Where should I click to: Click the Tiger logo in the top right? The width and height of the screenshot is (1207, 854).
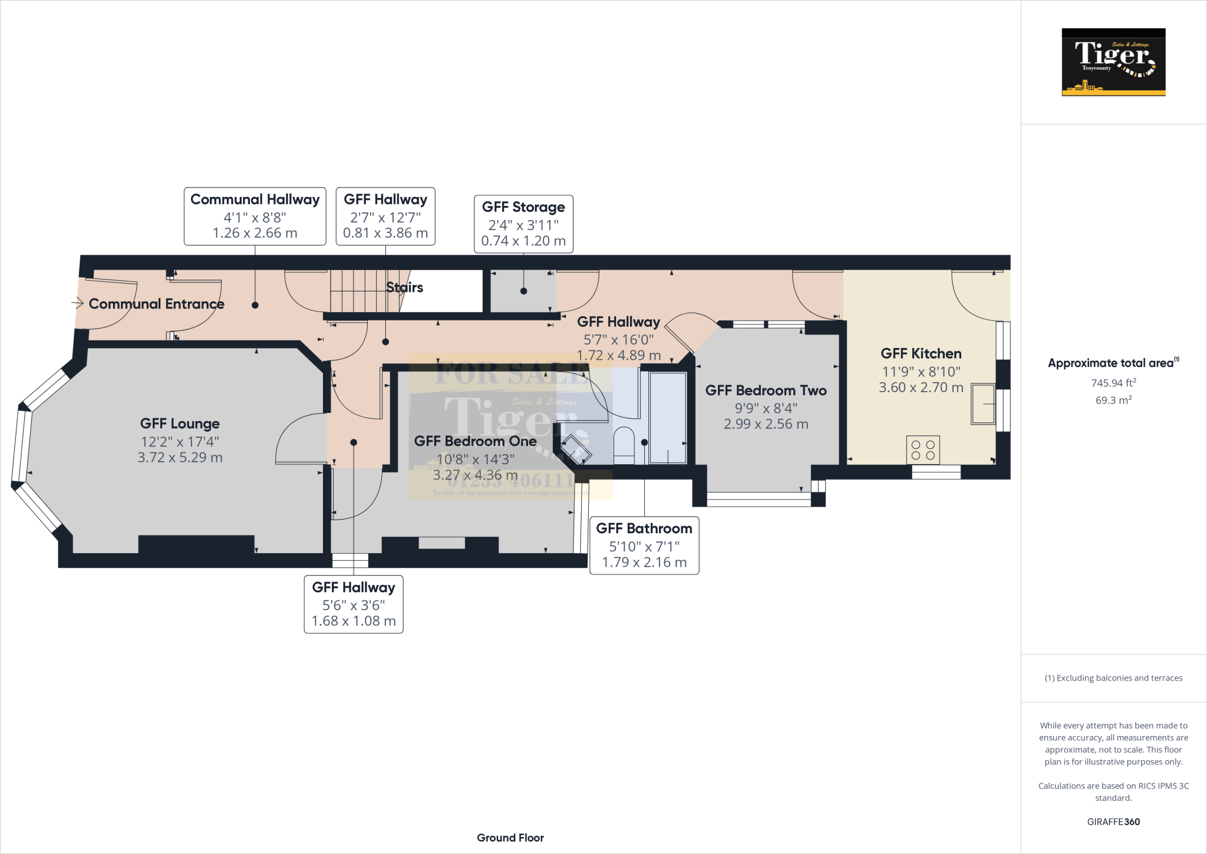[x=1113, y=62]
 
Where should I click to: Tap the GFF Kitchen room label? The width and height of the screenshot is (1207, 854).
[x=921, y=354]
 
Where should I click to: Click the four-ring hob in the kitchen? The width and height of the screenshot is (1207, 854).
[x=922, y=450]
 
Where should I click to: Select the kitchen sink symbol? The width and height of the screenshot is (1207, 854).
[x=982, y=404]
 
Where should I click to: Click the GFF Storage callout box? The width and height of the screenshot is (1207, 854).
[x=523, y=224]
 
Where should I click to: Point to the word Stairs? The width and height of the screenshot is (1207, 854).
[x=404, y=287]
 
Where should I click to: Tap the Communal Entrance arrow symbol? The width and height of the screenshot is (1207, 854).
[x=77, y=303]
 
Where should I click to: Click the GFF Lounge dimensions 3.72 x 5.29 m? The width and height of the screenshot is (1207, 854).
[x=180, y=458]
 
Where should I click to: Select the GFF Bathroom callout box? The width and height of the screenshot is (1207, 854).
[x=644, y=546]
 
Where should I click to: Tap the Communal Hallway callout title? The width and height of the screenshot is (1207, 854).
[x=255, y=199]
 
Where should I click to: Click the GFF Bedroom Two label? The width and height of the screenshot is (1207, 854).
[x=766, y=390]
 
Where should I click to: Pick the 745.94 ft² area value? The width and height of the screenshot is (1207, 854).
[x=1113, y=383]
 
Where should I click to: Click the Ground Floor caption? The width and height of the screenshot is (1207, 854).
[x=510, y=837]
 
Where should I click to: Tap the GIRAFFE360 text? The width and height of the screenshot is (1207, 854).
[x=1113, y=822]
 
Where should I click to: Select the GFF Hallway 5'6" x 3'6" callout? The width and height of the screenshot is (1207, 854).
[x=354, y=605]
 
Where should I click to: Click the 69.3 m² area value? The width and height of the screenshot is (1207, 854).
[x=1113, y=400]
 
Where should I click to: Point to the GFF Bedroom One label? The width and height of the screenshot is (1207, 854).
[x=475, y=441]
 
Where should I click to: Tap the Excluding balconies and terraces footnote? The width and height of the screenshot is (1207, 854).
[x=1113, y=678]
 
